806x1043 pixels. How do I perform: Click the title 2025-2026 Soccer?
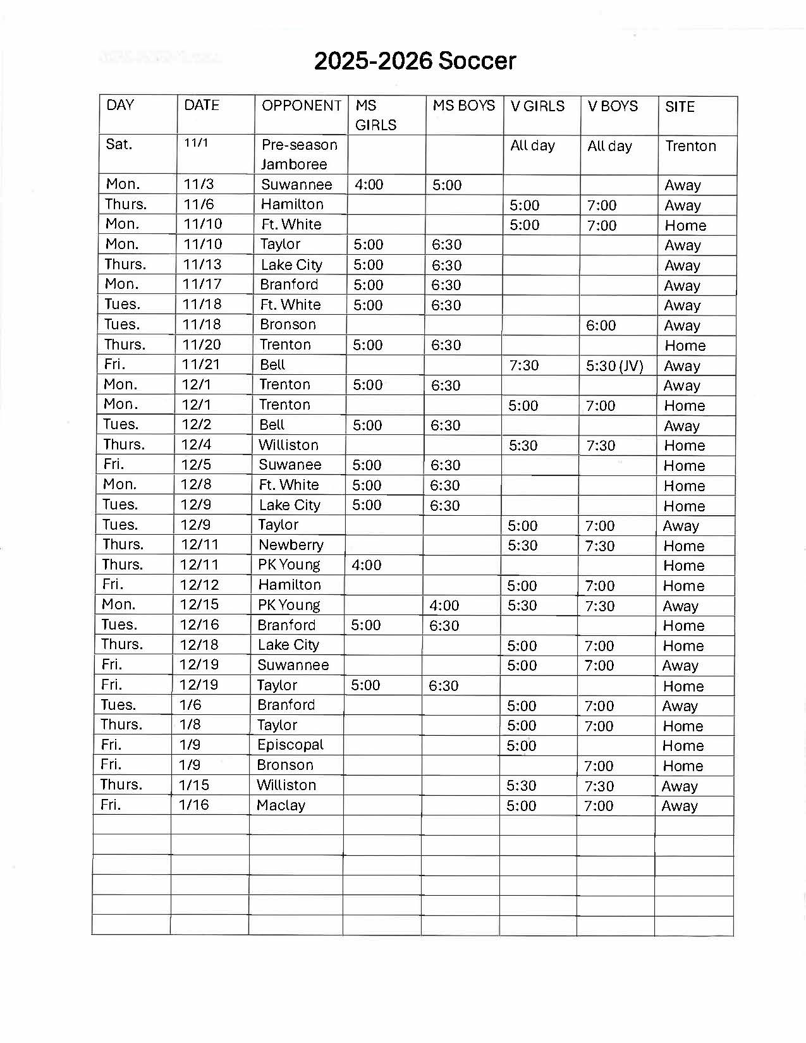[x=415, y=61]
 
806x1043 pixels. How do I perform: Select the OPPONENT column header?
[x=302, y=106]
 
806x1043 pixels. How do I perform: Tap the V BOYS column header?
[x=613, y=106]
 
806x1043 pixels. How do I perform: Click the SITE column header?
[x=680, y=107]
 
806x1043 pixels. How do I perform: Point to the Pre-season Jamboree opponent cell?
[x=299, y=154]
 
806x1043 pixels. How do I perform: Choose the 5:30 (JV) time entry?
[x=614, y=365]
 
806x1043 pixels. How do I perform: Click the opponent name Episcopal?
[x=290, y=745]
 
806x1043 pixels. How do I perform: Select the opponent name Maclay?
[x=281, y=805]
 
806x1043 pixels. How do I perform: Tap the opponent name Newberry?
[x=291, y=544]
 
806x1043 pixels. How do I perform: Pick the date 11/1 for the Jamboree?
[x=196, y=143]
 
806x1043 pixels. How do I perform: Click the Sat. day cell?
[x=119, y=144]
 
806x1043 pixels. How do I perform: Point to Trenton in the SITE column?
[x=690, y=146]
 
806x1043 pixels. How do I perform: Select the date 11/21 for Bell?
[x=202, y=364]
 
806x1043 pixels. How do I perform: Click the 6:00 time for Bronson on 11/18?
[x=601, y=325]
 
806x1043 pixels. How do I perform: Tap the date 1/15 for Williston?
[x=194, y=784]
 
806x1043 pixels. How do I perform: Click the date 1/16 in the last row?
[x=194, y=805]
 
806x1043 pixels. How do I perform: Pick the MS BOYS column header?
[x=463, y=106]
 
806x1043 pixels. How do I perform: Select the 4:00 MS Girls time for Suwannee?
[x=369, y=185]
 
